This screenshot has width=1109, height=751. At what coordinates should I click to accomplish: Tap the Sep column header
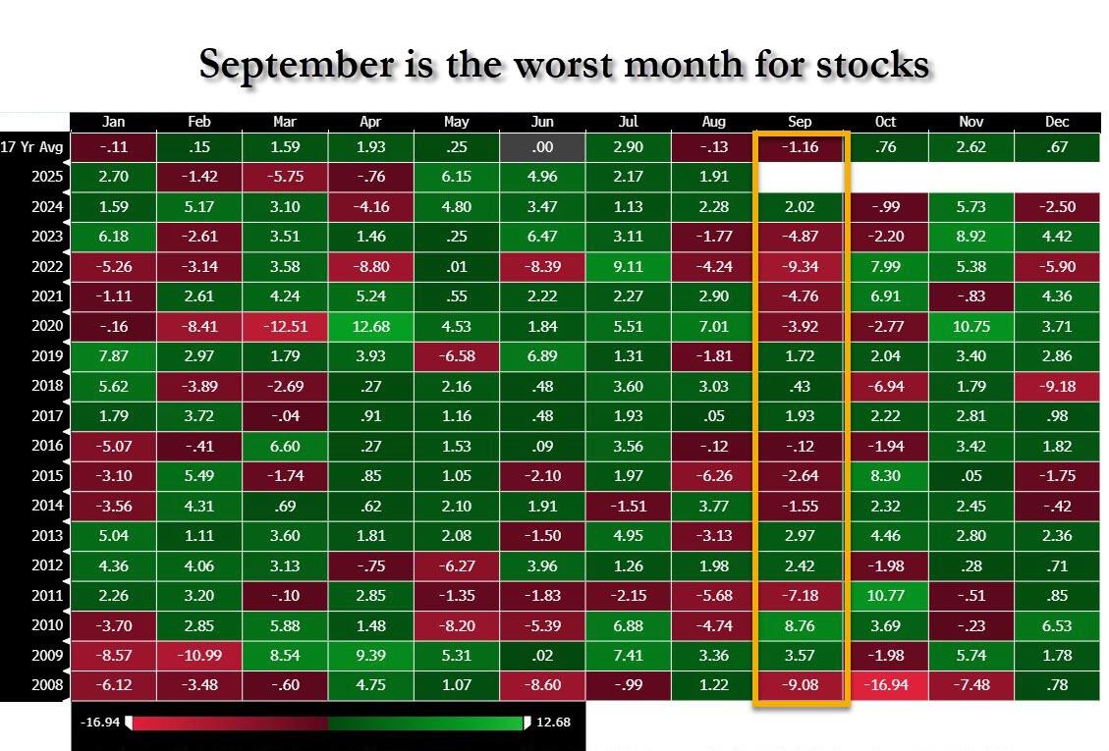[x=800, y=122]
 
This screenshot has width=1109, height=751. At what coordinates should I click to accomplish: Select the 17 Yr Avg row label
[x=34, y=147]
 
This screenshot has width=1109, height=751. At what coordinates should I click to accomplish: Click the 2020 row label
[x=47, y=326]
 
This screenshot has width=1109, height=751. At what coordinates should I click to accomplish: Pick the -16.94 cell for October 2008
[x=886, y=684]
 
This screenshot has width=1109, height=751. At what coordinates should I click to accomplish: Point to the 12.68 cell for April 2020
[x=370, y=326]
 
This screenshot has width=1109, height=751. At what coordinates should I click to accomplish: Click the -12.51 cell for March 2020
[x=285, y=326]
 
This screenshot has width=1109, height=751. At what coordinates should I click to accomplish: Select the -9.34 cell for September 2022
[x=800, y=267]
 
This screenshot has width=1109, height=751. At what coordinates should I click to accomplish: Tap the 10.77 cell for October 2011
[x=886, y=595]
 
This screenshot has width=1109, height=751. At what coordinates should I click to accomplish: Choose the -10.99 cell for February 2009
[x=199, y=655]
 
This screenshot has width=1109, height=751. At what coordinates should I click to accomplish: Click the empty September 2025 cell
[x=800, y=178]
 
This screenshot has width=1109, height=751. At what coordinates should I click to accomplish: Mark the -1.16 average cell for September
[x=800, y=148]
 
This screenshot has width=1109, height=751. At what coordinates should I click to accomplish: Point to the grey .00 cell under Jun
[x=542, y=148]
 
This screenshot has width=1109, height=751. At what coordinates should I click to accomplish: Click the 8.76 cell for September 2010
[x=800, y=624]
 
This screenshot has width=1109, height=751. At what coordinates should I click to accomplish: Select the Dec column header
[x=1057, y=122]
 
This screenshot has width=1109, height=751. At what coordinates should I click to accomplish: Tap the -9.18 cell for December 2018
[x=1057, y=386]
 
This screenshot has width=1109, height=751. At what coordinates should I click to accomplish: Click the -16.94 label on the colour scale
[x=100, y=723]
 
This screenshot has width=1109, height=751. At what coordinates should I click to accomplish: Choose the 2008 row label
[x=47, y=684]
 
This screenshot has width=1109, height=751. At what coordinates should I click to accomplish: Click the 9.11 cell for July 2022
[x=628, y=267]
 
